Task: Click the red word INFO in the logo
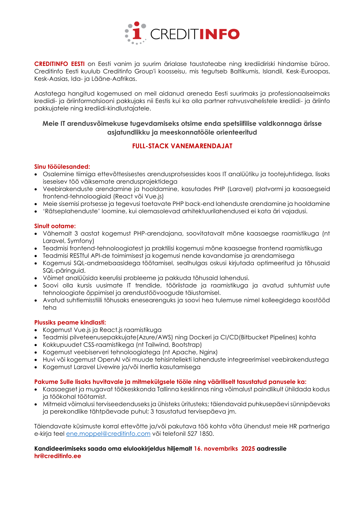point(219,34)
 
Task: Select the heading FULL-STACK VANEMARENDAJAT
point(182,146)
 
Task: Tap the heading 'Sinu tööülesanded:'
point(62,167)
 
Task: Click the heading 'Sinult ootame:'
point(55,226)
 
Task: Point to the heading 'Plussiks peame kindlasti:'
point(70,322)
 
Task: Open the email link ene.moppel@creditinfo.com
point(108,434)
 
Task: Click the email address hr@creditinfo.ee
point(57,456)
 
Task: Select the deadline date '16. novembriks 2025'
point(224,449)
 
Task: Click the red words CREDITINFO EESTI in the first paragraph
point(60,64)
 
